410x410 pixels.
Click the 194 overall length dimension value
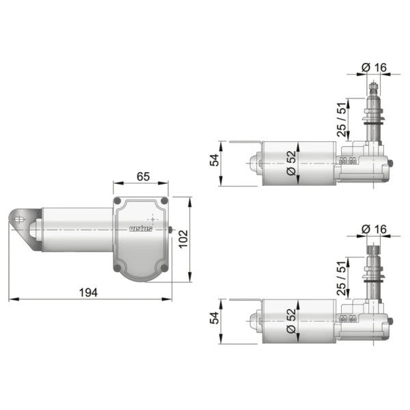[87, 292]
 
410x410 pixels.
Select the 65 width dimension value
[141, 177]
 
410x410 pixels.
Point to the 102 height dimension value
[183, 239]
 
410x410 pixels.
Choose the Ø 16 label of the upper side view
[374, 66]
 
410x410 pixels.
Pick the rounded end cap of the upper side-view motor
[254, 164]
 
